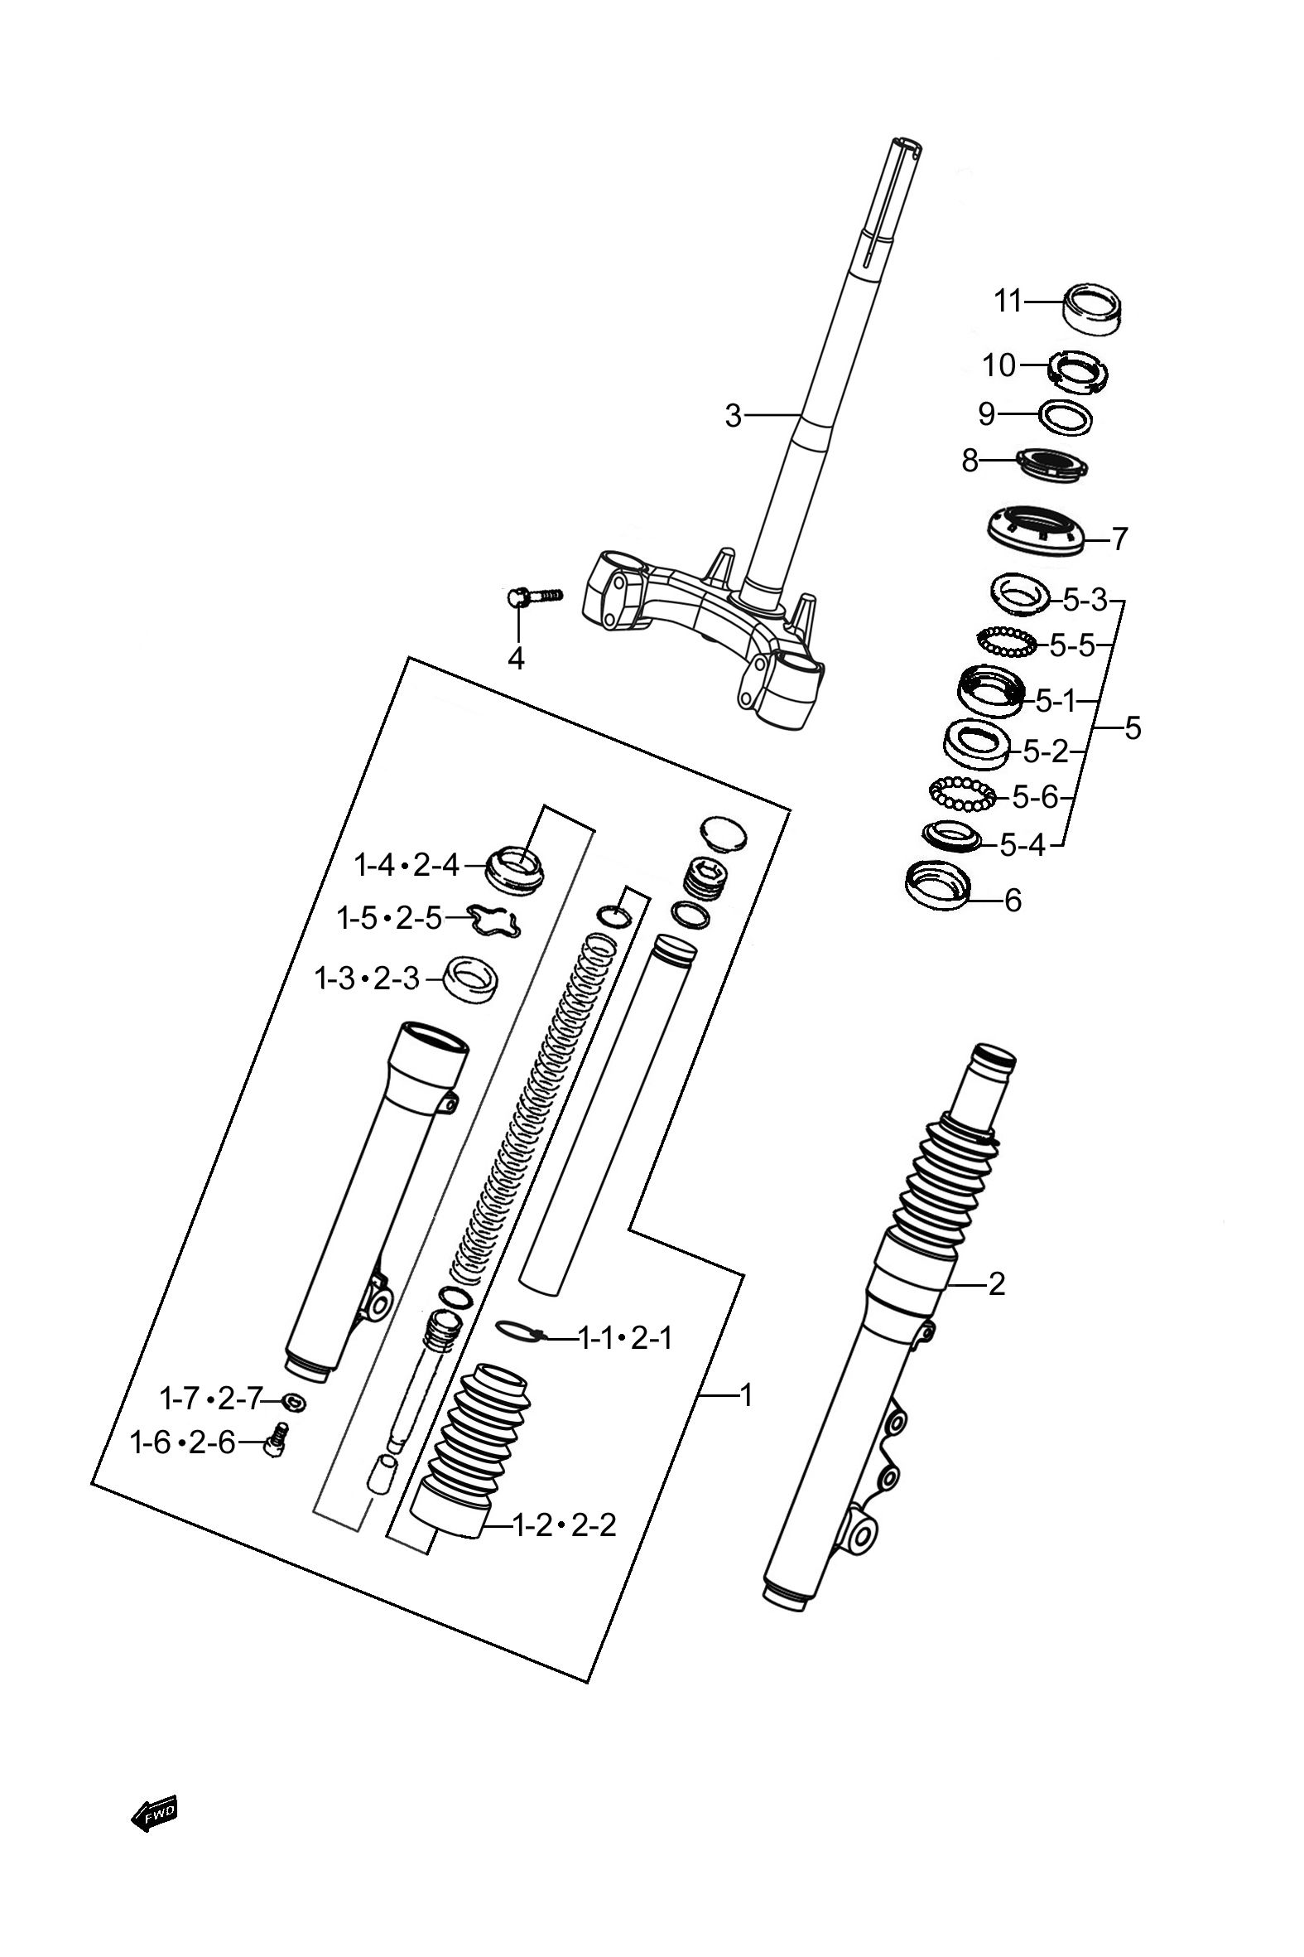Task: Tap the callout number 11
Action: coord(1008,301)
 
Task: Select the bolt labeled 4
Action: coord(532,596)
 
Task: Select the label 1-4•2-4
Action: coord(407,865)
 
